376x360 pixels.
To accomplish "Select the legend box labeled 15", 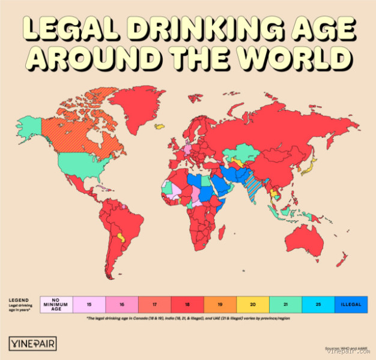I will [x=88, y=304].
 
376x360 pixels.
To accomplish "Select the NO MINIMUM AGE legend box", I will [x=56, y=304].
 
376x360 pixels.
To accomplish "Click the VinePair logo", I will [x=33, y=343].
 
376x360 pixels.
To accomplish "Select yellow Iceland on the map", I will [x=160, y=126].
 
